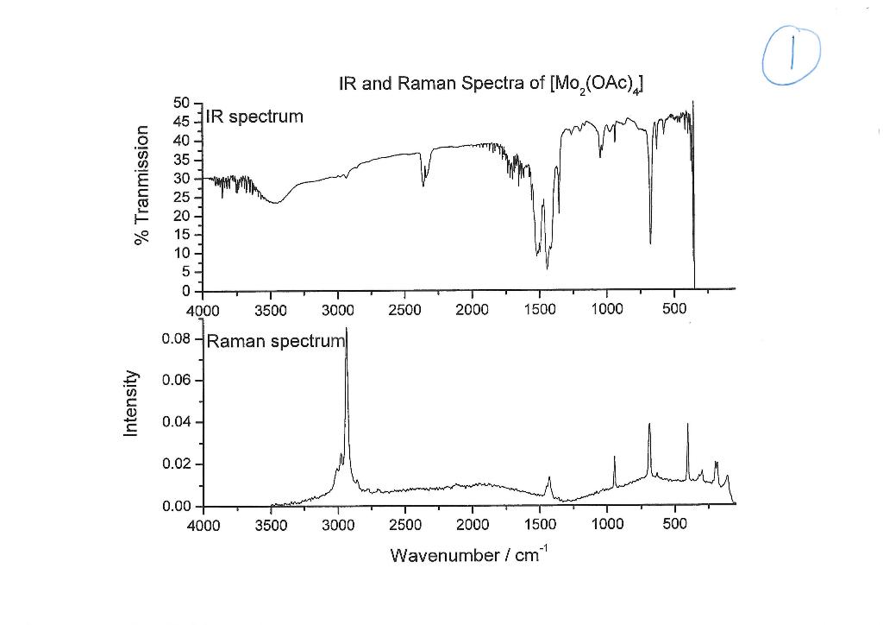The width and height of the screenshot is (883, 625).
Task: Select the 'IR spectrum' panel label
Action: coord(254,116)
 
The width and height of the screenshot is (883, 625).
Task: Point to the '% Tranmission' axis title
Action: coord(142,185)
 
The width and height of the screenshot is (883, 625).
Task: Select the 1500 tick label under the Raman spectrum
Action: coord(539,524)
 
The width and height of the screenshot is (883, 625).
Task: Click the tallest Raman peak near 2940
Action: coord(347,332)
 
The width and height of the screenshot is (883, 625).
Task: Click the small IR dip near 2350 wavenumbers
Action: coord(423,183)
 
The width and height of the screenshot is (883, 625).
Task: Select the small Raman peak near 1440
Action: coord(549,479)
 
